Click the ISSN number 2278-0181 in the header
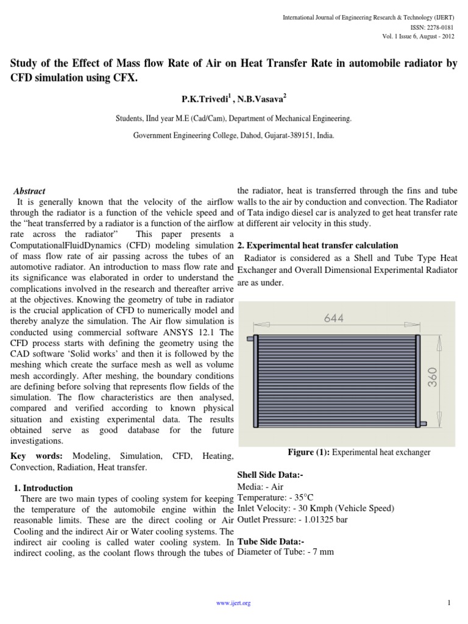(440, 27)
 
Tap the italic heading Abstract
(29, 191)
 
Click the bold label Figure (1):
(309, 452)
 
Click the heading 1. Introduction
(43, 487)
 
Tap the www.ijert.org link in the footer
(234, 603)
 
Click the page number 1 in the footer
(448, 603)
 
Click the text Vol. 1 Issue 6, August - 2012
(418, 36)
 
